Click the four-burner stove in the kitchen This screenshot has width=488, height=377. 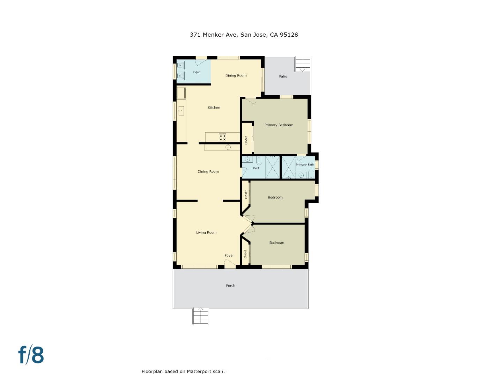pos(222,137)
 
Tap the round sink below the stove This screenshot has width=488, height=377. pos(228,147)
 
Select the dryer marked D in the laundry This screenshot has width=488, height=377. pos(180,65)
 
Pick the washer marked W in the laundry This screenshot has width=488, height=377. pos(180,75)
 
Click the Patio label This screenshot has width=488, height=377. pos(283,76)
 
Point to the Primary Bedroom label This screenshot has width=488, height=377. pos(279,125)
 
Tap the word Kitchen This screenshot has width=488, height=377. pos(214,108)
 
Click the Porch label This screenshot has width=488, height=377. pos(230,286)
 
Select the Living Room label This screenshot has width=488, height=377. pos(206,232)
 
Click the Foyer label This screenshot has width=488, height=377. pos(229,256)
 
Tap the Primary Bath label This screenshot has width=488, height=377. pos(305,165)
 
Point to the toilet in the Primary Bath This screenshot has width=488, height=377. pos(311,175)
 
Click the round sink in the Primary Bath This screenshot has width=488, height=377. pos(301,175)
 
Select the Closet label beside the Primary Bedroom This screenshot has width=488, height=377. pos(246,140)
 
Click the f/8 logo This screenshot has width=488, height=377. pos(31,355)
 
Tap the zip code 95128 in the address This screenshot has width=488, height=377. pos(289,35)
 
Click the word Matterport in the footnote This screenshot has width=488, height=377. pos(199,371)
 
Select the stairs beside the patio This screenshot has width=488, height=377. pos(303,64)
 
